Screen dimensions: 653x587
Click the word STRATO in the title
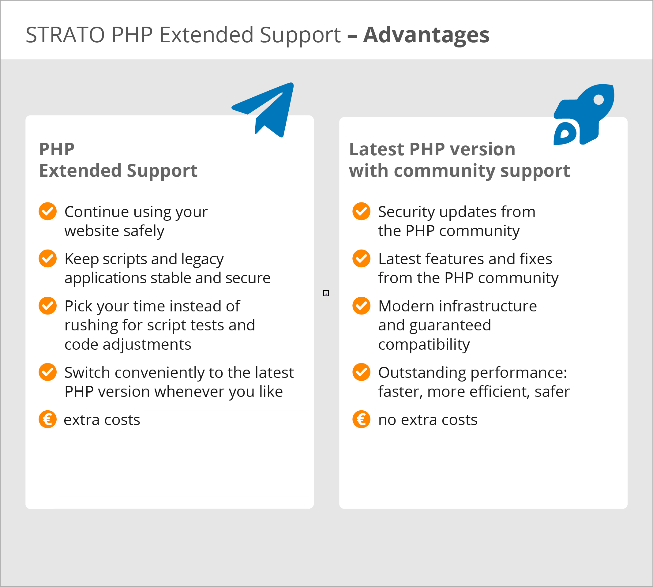point(65,35)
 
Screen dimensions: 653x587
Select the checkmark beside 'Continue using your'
point(48,211)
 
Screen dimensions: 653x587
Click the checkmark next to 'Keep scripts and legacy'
point(48,258)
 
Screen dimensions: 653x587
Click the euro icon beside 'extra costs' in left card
point(48,419)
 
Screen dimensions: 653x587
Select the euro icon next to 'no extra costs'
point(362,419)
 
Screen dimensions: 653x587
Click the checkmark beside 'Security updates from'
point(362,211)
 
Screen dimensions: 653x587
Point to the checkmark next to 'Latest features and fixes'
point(362,258)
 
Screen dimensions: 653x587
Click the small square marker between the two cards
point(326,293)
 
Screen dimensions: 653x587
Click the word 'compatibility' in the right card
point(424,345)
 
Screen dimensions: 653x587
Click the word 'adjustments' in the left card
point(147,345)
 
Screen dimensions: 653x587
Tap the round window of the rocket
point(599,100)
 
